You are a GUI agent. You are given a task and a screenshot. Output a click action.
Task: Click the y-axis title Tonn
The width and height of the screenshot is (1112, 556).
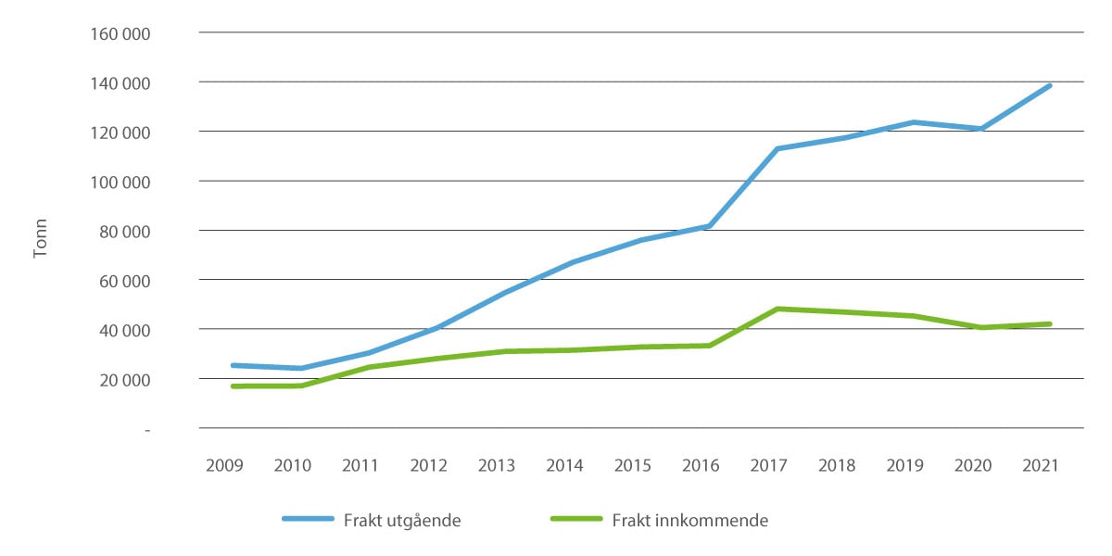click(40, 237)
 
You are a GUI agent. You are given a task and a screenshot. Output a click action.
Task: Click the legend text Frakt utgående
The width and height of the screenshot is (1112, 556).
click(402, 520)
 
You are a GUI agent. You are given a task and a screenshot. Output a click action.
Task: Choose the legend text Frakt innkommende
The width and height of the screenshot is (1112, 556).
click(689, 520)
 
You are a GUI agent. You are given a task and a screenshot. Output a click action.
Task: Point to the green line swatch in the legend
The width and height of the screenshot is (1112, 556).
click(575, 520)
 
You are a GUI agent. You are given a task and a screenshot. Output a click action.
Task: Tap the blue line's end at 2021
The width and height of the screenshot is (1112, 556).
click(1049, 86)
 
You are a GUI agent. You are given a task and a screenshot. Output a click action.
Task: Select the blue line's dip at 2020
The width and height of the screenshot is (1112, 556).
click(981, 129)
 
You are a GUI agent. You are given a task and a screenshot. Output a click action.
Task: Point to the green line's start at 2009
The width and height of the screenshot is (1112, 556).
click(233, 385)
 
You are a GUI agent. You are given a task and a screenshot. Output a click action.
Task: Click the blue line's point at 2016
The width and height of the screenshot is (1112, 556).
click(709, 226)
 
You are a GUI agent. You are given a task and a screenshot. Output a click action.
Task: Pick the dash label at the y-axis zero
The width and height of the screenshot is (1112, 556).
click(146, 430)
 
